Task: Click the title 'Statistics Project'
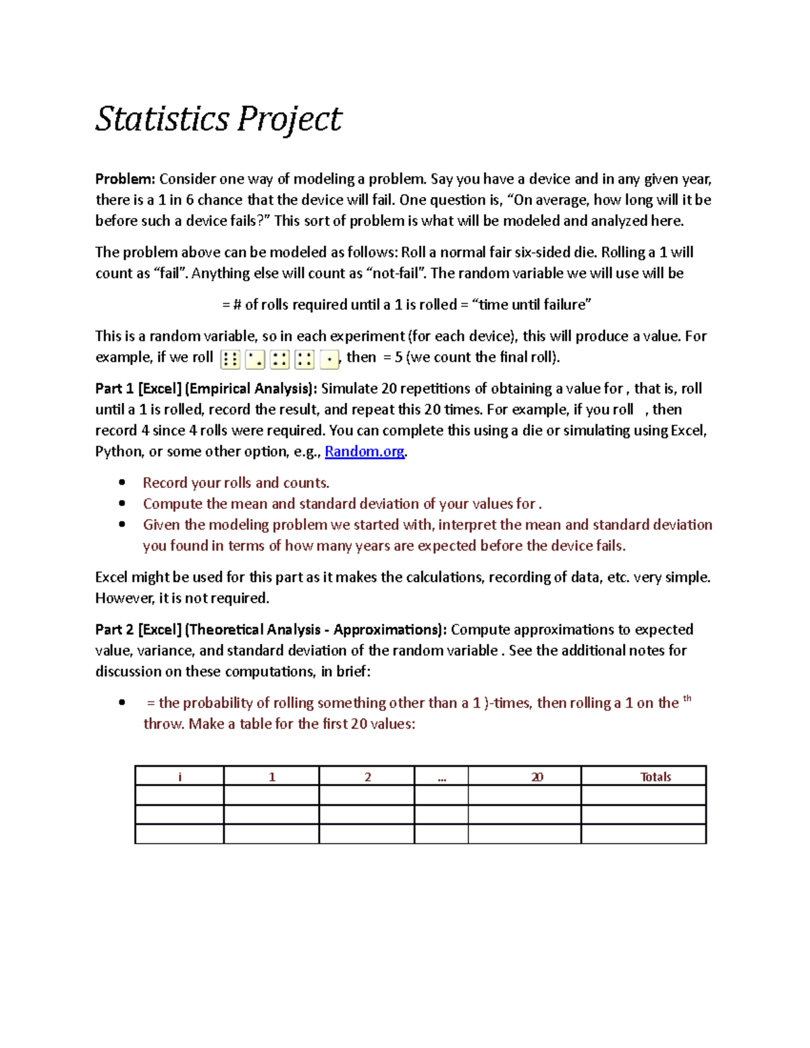coord(218,119)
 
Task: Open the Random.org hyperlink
coord(364,451)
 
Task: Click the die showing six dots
coord(230,360)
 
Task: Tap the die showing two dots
coord(255,360)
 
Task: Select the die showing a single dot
coord(329,360)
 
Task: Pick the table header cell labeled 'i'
coord(180,777)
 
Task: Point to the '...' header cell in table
coord(441,777)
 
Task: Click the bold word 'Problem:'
coord(125,179)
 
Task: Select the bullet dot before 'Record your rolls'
coord(122,482)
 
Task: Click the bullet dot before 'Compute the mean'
coord(122,503)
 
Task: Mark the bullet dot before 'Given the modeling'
coord(122,524)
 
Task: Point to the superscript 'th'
coord(687,699)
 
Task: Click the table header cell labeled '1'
coord(271,777)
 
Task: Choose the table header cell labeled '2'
coord(367,777)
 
